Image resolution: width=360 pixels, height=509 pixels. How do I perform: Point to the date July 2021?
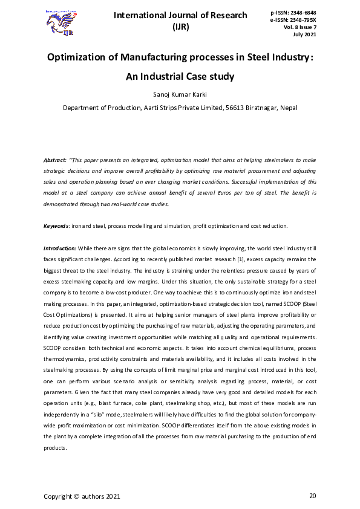pos(306,34)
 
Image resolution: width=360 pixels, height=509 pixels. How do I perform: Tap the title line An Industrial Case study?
pos(180,77)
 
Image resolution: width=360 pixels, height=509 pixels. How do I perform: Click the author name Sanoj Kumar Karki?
pos(180,95)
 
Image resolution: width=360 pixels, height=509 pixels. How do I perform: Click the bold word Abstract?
pos(54,160)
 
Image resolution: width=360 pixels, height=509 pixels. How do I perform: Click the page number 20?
pos(312,496)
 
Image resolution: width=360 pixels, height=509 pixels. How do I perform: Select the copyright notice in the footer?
pos(82,497)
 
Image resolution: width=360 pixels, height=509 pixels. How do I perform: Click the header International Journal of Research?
pos(180,16)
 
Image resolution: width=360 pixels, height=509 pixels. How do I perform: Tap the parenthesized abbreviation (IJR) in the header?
pos(180,27)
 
